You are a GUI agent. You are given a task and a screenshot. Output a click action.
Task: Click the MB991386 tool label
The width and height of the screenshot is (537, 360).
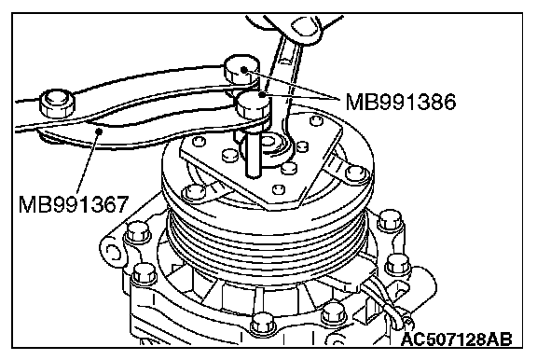(x=401, y=102)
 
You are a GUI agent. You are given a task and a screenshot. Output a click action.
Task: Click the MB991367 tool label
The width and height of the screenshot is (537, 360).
(x=74, y=204)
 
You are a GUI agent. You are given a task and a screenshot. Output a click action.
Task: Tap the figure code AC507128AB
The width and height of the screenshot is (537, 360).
(x=457, y=339)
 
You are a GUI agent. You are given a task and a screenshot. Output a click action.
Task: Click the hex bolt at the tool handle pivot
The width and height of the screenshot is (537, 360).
(x=57, y=104)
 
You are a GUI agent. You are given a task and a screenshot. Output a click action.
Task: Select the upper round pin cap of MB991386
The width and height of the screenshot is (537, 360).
(x=241, y=68)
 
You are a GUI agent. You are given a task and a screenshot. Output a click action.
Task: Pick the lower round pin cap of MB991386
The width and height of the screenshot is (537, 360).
(x=254, y=104)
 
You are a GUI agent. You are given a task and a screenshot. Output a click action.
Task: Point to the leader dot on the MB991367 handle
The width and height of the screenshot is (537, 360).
(x=100, y=131)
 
